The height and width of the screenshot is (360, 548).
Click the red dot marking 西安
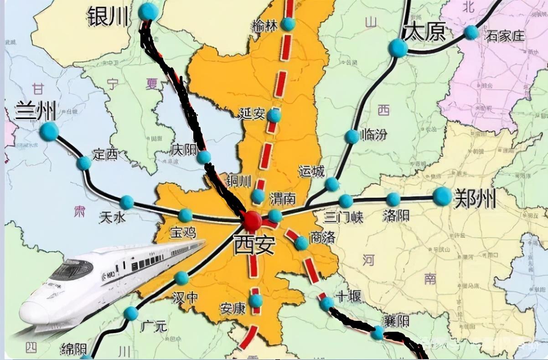[252, 221]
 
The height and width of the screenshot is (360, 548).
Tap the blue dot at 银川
[148, 12]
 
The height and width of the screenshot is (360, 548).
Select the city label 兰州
[36, 111]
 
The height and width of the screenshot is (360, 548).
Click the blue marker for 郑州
[442, 196]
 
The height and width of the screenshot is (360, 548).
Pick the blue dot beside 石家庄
[471, 32]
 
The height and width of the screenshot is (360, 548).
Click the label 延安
[252, 113]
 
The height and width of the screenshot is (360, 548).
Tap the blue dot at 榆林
[288, 24]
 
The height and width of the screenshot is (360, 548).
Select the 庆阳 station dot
[204, 157]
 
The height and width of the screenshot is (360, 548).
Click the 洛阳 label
[396, 215]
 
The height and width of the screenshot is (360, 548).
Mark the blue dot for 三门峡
[346, 201]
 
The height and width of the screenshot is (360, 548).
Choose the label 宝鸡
[182, 233]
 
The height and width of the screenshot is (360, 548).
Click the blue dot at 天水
[126, 202]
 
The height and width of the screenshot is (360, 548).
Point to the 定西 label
[105, 154]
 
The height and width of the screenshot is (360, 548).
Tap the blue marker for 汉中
[181, 278]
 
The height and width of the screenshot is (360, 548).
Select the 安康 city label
[233, 309]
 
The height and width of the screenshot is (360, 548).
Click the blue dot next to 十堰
[326, 303]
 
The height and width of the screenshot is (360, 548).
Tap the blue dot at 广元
[131, 313]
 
